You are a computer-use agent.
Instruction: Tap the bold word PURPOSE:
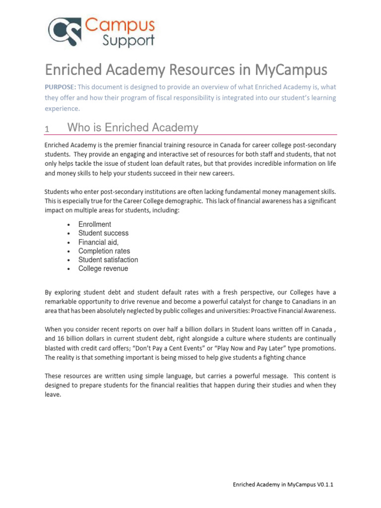point(61,87)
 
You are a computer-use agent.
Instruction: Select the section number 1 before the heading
point(47,129)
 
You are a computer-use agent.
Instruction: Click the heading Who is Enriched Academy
point(132,128)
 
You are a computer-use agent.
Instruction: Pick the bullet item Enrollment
point(95,224)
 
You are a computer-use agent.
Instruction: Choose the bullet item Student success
point(103,233)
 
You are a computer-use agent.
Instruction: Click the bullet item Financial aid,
point(98,242)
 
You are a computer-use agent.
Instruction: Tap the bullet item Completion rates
point(104,251)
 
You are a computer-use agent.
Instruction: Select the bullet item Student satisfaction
point(108,260)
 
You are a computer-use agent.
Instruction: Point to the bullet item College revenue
point(103,269)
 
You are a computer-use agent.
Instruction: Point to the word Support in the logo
point(128,40)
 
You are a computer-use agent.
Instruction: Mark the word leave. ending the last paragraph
point(53,395)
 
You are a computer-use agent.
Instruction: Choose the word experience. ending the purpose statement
point(62,109)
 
